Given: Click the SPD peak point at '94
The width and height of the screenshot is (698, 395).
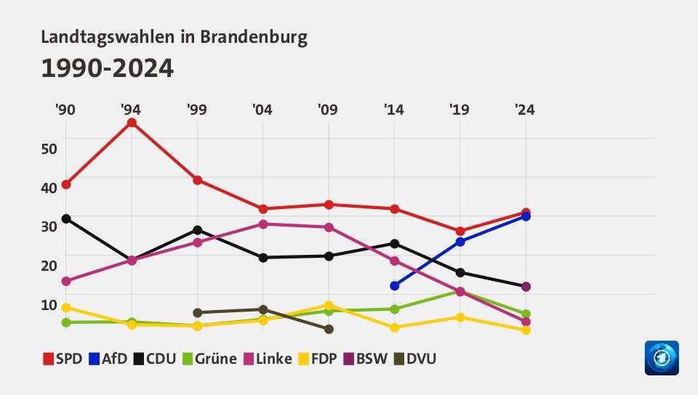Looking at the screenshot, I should click(132, 123).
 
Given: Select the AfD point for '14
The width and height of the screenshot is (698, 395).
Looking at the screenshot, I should click(395, 286).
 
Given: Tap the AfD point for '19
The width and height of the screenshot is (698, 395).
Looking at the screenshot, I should click(460, 242).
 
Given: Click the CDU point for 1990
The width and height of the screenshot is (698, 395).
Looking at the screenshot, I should click(66, 219).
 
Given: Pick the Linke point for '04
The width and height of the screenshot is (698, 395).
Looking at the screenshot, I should click(263, 224).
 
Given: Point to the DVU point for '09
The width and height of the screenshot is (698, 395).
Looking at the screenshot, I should click(329, 329).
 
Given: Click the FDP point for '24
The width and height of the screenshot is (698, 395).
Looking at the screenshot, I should click(526, 330).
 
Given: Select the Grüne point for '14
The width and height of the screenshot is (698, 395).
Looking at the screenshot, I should click(395, 309).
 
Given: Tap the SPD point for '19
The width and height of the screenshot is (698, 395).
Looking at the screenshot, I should click(460, 231).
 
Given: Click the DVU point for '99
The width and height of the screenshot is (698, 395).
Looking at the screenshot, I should click(198, 313).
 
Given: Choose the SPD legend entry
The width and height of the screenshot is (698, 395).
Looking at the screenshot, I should click(63, 358).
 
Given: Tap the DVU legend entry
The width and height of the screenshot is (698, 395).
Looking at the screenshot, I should click(415, 358).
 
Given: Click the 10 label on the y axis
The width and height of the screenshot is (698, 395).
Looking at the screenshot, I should click(49, 304).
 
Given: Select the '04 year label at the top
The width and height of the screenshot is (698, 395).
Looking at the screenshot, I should click(262, 110).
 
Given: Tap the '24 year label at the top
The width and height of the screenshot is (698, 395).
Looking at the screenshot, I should click(525, 110).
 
